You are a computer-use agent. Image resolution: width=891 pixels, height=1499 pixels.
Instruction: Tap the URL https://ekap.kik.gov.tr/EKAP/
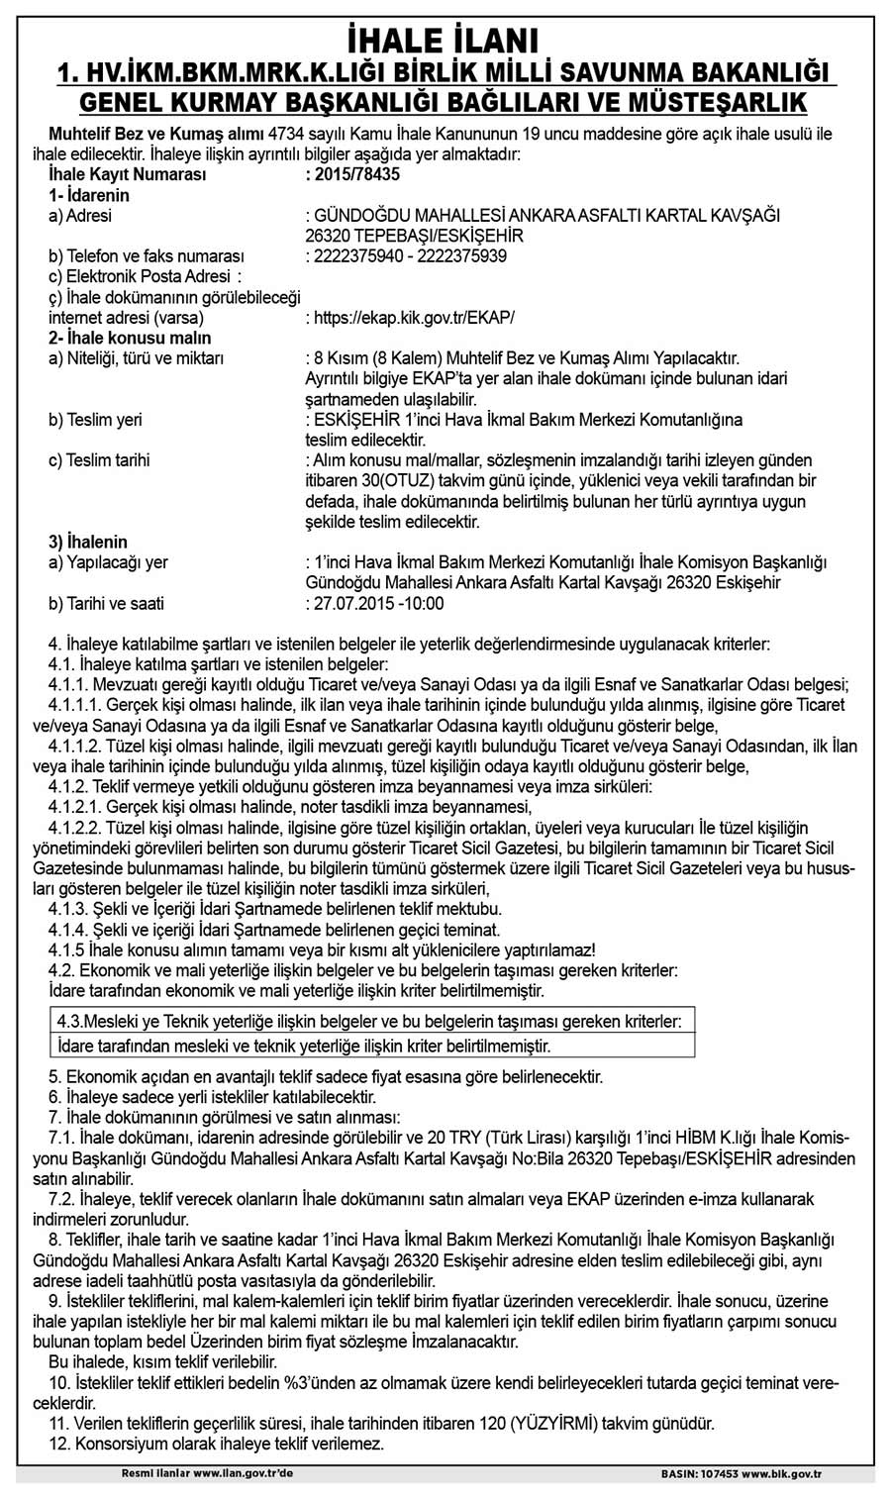click(414, 318)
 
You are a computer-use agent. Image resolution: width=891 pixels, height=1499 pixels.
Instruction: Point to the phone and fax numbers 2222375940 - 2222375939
click(410, 256)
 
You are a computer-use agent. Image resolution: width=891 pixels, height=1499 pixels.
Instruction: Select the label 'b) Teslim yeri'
click(95, 420)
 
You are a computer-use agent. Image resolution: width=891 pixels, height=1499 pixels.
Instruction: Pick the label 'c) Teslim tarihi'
click(99, 460)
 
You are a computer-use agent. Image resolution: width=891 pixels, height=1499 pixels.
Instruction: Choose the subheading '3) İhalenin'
click(87, 543)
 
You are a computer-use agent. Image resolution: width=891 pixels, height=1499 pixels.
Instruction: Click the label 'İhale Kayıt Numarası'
click(127, 174)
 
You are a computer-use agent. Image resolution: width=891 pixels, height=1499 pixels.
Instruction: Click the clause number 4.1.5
click(66, 949)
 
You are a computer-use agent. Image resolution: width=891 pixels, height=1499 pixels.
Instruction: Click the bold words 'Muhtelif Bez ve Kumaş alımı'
click(155, 134)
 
